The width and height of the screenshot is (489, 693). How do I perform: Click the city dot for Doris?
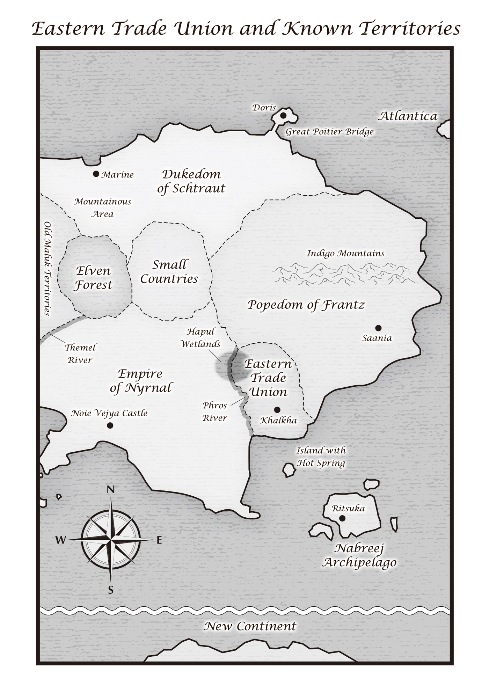click(x=283, y=115)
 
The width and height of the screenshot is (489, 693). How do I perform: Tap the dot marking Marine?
click(x=96, y=174)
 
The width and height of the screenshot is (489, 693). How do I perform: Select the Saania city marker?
click(x=378, y=328)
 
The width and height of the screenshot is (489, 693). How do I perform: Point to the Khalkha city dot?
click(x=277, y=410)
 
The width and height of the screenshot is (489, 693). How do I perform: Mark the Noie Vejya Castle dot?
click(x=110, y=425)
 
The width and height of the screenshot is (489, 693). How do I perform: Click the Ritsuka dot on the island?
click(x=342, y=518)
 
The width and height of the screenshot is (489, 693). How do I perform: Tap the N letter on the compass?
click(x=110, y=490)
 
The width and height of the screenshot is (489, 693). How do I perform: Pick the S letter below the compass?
click(x=110, y=590)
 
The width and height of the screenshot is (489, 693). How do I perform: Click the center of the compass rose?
click(x=110, y=540)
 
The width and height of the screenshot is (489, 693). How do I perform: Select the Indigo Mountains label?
click(x=345, y=254)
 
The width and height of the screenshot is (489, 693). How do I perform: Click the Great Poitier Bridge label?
click(x=329, y=132)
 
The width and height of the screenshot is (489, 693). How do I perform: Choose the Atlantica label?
click(x=408, y=116)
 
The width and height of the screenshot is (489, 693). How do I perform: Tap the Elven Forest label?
click(x=93, y=278)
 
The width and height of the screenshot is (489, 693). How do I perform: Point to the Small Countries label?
click(x=169, y=272)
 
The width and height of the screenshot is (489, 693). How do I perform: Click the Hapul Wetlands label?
click(x=200, y=338)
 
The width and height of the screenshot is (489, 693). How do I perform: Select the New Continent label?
click(x=250, y=626)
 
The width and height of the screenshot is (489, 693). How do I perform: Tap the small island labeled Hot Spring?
click(x=289, y=470)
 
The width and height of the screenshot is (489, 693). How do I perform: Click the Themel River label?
click(x=80, y=354)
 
